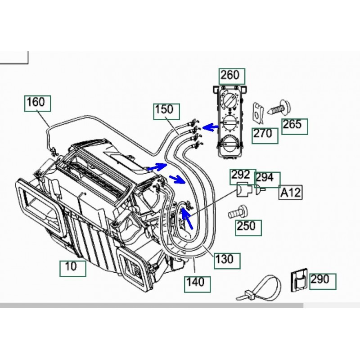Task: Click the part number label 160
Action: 38,104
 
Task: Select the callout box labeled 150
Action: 166,112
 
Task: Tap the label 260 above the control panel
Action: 232,76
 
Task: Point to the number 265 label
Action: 295,126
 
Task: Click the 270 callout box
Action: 265,136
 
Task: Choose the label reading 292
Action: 243,176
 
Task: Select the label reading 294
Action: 267,180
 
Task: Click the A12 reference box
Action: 291,192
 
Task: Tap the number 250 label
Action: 248,228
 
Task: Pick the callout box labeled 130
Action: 227,261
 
